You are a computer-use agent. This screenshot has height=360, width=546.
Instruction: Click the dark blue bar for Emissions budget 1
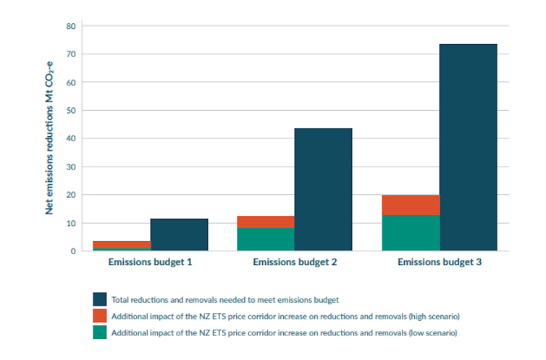(179, 235)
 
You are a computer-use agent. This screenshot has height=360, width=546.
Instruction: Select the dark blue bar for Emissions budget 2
(323, 190)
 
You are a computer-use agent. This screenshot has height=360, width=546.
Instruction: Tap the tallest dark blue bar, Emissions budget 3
(468, 148)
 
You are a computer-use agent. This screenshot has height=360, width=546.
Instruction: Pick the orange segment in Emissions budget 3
(411, 205)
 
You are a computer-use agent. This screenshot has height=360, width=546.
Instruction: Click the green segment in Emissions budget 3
(411, 233)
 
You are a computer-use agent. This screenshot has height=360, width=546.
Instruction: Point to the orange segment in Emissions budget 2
(266, 222)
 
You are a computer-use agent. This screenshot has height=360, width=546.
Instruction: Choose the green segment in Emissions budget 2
(266, 239)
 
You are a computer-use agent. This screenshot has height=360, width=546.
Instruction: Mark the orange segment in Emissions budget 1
(122, 244)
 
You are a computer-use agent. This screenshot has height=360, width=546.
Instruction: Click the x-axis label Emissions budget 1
(150, 261)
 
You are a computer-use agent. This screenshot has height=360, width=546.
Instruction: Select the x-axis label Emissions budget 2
(295, 261)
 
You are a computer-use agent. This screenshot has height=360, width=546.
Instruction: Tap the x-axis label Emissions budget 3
(439, 261)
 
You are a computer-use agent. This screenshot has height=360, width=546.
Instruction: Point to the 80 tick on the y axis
(72, 26)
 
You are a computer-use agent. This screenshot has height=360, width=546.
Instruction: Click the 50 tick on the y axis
(72, 111)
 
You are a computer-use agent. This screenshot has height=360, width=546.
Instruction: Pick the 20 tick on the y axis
(72, 195)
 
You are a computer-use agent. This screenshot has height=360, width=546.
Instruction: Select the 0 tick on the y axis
(74, 251)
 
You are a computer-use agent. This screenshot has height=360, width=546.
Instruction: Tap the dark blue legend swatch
(100, 298)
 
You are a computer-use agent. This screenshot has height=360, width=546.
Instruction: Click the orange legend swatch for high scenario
(100, 315)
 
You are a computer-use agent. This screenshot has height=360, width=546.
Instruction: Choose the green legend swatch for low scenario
(100, 332)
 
